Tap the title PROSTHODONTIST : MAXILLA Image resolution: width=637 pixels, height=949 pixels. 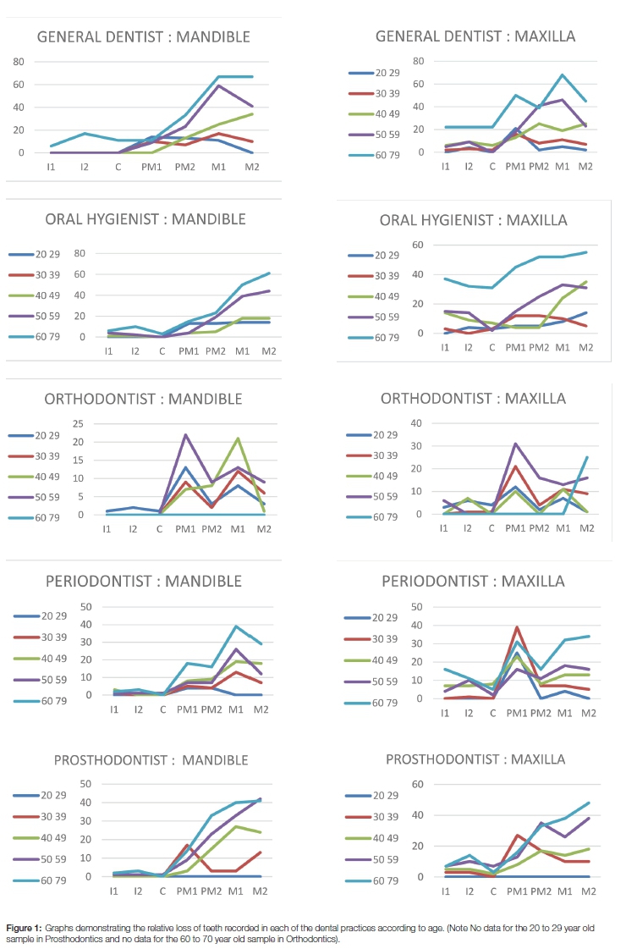coord(475,759)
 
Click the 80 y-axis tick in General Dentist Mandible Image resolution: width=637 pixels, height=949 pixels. coord(18,62)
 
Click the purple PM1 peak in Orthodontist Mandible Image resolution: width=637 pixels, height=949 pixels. coord(185,434)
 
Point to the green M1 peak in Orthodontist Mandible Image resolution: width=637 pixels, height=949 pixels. coord(239,439)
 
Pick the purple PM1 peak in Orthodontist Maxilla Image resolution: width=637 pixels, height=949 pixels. coord(515,444)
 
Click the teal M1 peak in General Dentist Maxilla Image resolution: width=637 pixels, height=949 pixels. coord(563,74)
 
